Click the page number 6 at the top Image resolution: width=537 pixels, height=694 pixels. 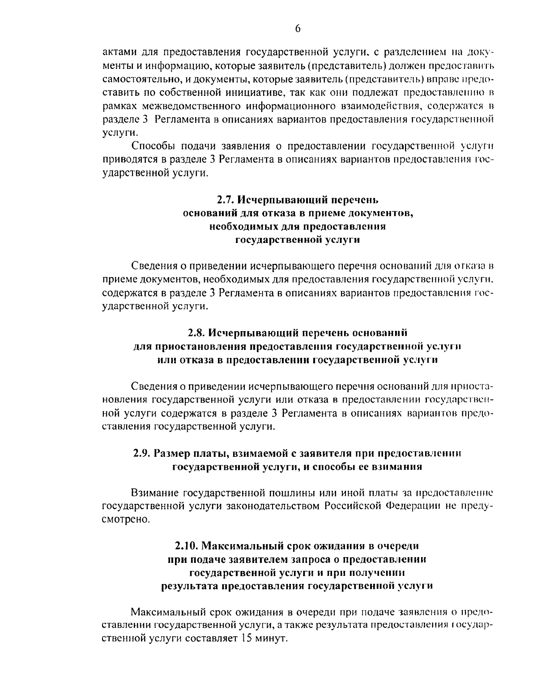coord(298,29)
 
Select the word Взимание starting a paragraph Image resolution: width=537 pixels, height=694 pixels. coord(155,493)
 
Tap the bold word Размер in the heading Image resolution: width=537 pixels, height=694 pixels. coord(172,453)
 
